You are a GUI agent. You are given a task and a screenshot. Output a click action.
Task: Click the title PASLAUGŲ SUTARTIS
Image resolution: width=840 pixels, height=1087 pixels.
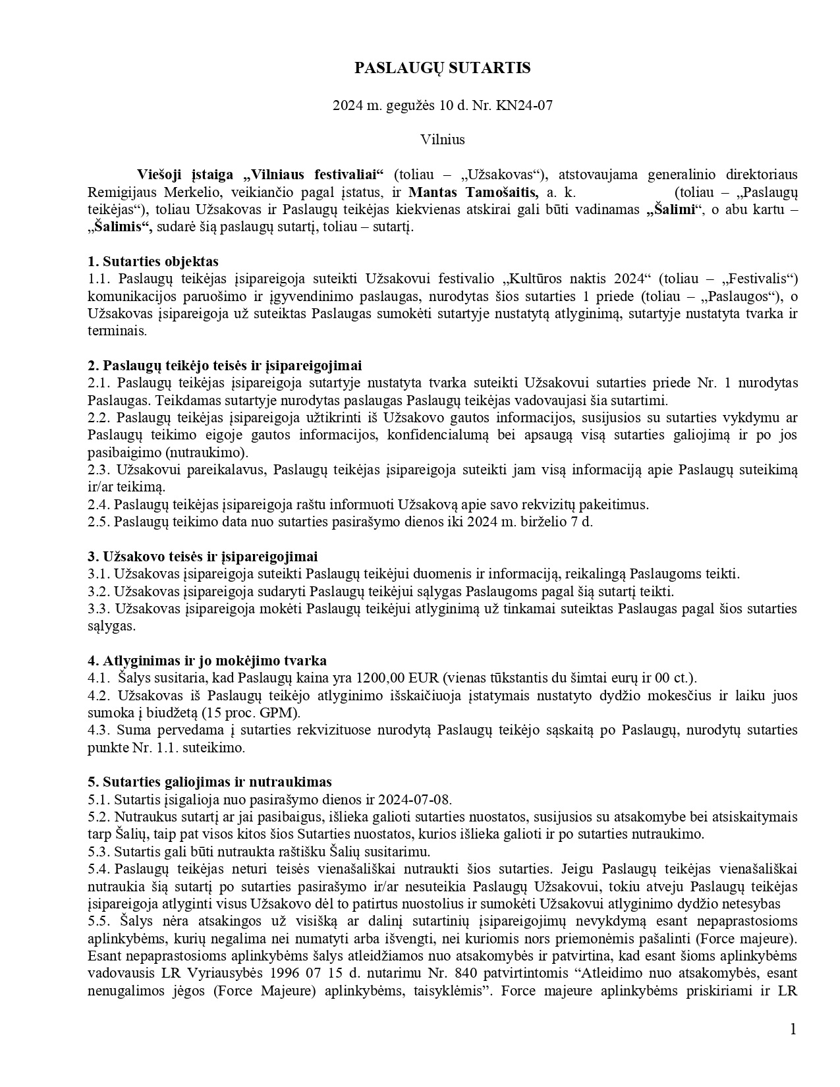[442, 68]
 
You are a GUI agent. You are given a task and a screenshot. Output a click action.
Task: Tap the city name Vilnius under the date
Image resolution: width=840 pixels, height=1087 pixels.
[442, 140]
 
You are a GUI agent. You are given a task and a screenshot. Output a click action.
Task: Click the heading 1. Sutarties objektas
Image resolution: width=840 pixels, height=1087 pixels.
[153, 262]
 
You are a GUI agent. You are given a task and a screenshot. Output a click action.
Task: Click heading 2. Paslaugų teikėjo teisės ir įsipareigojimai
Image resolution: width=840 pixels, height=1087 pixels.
[225, 366]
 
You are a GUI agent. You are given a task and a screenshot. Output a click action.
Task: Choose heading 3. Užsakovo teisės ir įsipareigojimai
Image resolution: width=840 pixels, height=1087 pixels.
[203, 557]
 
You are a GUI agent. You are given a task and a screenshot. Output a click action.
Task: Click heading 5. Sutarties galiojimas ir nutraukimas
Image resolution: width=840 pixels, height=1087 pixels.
[210, 782]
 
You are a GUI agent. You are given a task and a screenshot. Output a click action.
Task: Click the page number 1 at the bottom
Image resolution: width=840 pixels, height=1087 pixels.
[793, 1029]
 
